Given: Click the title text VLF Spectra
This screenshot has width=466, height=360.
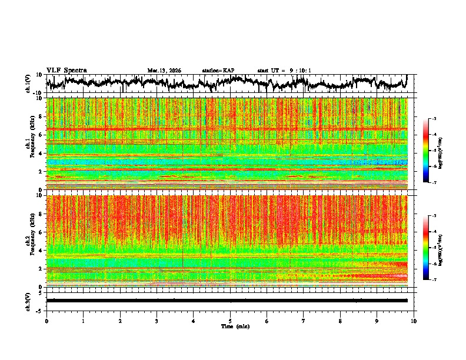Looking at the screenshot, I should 66,70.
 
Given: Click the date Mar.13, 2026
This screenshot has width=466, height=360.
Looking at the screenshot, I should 164,71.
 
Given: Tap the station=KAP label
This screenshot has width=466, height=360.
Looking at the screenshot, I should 218,71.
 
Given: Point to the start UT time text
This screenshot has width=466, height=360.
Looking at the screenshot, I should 284,71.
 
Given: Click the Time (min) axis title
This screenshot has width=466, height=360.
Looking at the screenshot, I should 235,326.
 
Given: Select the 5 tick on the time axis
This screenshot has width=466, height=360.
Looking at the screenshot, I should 230,321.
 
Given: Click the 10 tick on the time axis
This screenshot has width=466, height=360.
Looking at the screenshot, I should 414,321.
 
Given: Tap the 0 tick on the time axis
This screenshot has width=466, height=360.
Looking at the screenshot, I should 46,321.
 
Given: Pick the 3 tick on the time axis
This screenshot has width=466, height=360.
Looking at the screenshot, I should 157,321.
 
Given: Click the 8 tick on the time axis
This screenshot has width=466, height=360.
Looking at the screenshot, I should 340,321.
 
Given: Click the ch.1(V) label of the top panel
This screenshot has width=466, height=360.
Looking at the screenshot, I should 28,84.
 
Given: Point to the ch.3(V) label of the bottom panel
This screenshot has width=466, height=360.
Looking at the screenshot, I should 28,301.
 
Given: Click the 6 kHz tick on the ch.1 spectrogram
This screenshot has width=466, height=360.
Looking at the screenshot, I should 40,135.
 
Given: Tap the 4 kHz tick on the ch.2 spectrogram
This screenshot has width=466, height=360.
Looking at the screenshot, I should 40,250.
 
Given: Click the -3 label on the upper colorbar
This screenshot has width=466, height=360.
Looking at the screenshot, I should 434,119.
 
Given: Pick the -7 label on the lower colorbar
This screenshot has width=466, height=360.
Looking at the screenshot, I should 434,280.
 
